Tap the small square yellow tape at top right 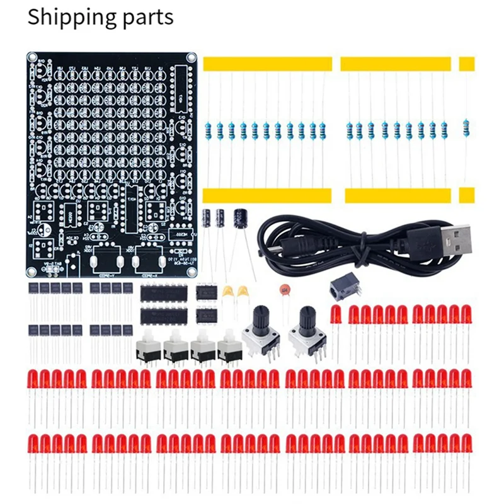tap(467, 63)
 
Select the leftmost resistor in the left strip tap(209, 130)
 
